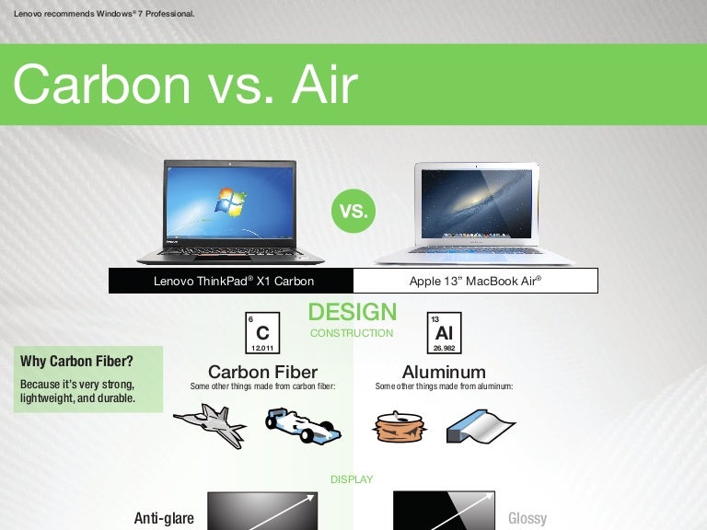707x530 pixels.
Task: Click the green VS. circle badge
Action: [353, 211]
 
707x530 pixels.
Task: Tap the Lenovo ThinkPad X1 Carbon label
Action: [234, 282]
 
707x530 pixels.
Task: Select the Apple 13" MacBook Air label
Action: [475, 282]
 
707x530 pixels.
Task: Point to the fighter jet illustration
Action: [210, 426]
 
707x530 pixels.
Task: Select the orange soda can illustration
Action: [397, 426]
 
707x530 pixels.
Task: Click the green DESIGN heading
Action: [353, 312]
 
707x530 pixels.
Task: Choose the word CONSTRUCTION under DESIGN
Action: [352, 333]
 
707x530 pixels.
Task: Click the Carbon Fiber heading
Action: [262, 373]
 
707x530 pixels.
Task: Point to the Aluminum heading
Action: [444, 373]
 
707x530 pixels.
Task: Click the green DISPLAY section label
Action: [352, 479]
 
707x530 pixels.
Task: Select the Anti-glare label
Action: [164, 518]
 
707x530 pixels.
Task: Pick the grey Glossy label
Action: [527, 518]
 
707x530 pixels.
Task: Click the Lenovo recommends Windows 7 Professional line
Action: [104, 13]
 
